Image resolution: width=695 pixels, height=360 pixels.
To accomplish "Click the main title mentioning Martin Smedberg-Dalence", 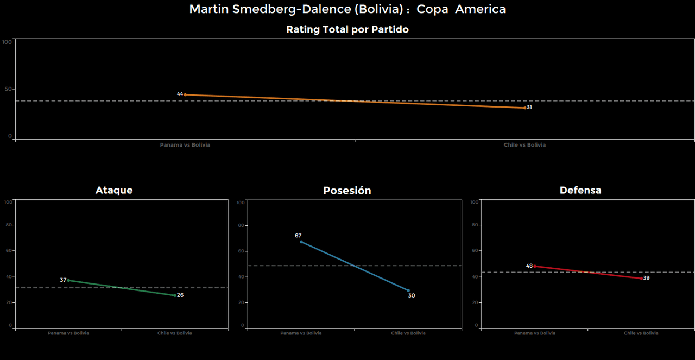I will tap(347, 9).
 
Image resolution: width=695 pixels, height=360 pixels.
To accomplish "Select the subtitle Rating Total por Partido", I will tap(347, 30).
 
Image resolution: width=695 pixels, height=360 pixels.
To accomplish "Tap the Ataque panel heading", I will tap(114, 190).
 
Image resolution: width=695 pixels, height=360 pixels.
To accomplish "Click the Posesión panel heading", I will tap(347, 191).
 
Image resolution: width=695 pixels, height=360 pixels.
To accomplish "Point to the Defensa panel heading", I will tap(580, 190).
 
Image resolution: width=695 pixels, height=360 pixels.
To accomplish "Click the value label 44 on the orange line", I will tap(180, 94).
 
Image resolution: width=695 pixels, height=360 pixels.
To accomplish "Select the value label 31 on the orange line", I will tap(529, 108).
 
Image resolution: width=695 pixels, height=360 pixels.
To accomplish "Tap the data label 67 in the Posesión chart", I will tap(298, 236).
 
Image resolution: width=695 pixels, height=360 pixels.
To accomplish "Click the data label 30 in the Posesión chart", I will tap(412, 296).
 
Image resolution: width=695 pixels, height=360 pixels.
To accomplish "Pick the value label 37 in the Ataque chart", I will tap(63, 280).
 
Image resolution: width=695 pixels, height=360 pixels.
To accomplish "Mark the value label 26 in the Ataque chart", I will tap(180, 295).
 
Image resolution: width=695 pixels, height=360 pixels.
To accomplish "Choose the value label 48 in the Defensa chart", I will tap(529, 266).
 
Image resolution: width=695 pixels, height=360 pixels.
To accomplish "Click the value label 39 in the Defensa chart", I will tap(646, 278).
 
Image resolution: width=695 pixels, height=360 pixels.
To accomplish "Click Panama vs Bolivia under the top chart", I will tap(185, 145).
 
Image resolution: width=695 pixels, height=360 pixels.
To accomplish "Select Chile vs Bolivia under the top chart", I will tap(525, 145).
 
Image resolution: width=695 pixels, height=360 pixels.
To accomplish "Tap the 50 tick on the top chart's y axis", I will tap(9, 89).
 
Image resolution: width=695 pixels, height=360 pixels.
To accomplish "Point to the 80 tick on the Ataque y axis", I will tap(9, 225).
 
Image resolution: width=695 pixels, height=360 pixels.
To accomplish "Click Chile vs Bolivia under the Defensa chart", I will tap(641, 333).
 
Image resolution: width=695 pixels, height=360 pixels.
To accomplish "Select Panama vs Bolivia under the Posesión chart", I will tap(301, 333).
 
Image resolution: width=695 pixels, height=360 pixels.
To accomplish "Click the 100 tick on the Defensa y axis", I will tap(475, 202).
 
